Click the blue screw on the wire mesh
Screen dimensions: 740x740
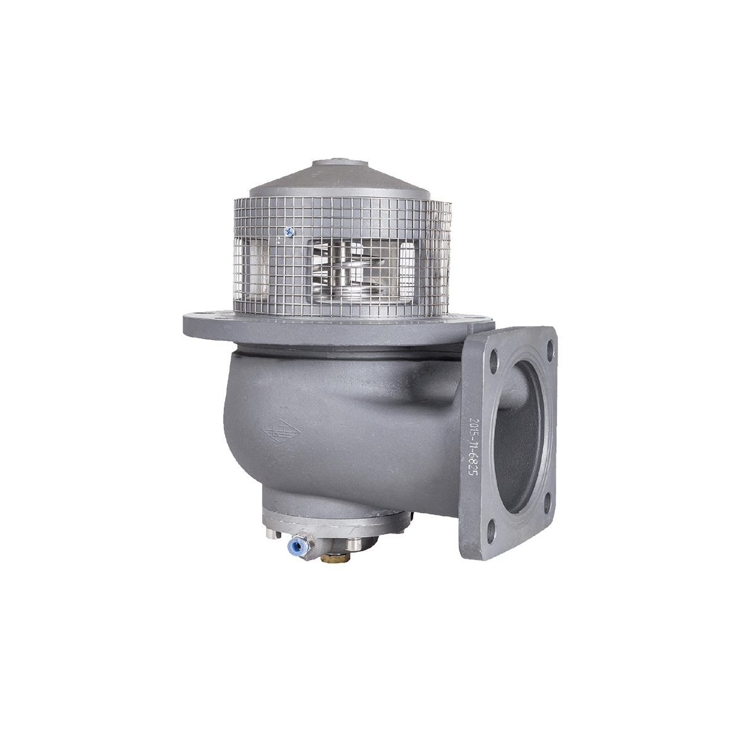pos(287,231)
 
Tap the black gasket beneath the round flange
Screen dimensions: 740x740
pos(345,355)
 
